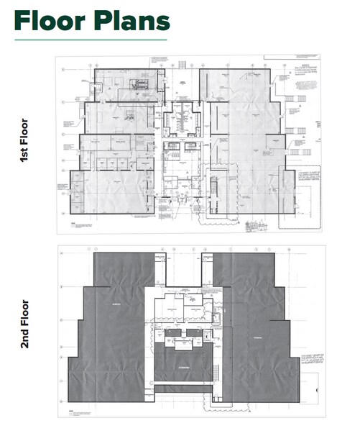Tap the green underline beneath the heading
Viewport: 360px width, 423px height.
pos(90,39)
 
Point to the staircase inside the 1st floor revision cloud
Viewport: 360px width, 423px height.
pos(214,191)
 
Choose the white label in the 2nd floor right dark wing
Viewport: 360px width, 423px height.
pos(253,336)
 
